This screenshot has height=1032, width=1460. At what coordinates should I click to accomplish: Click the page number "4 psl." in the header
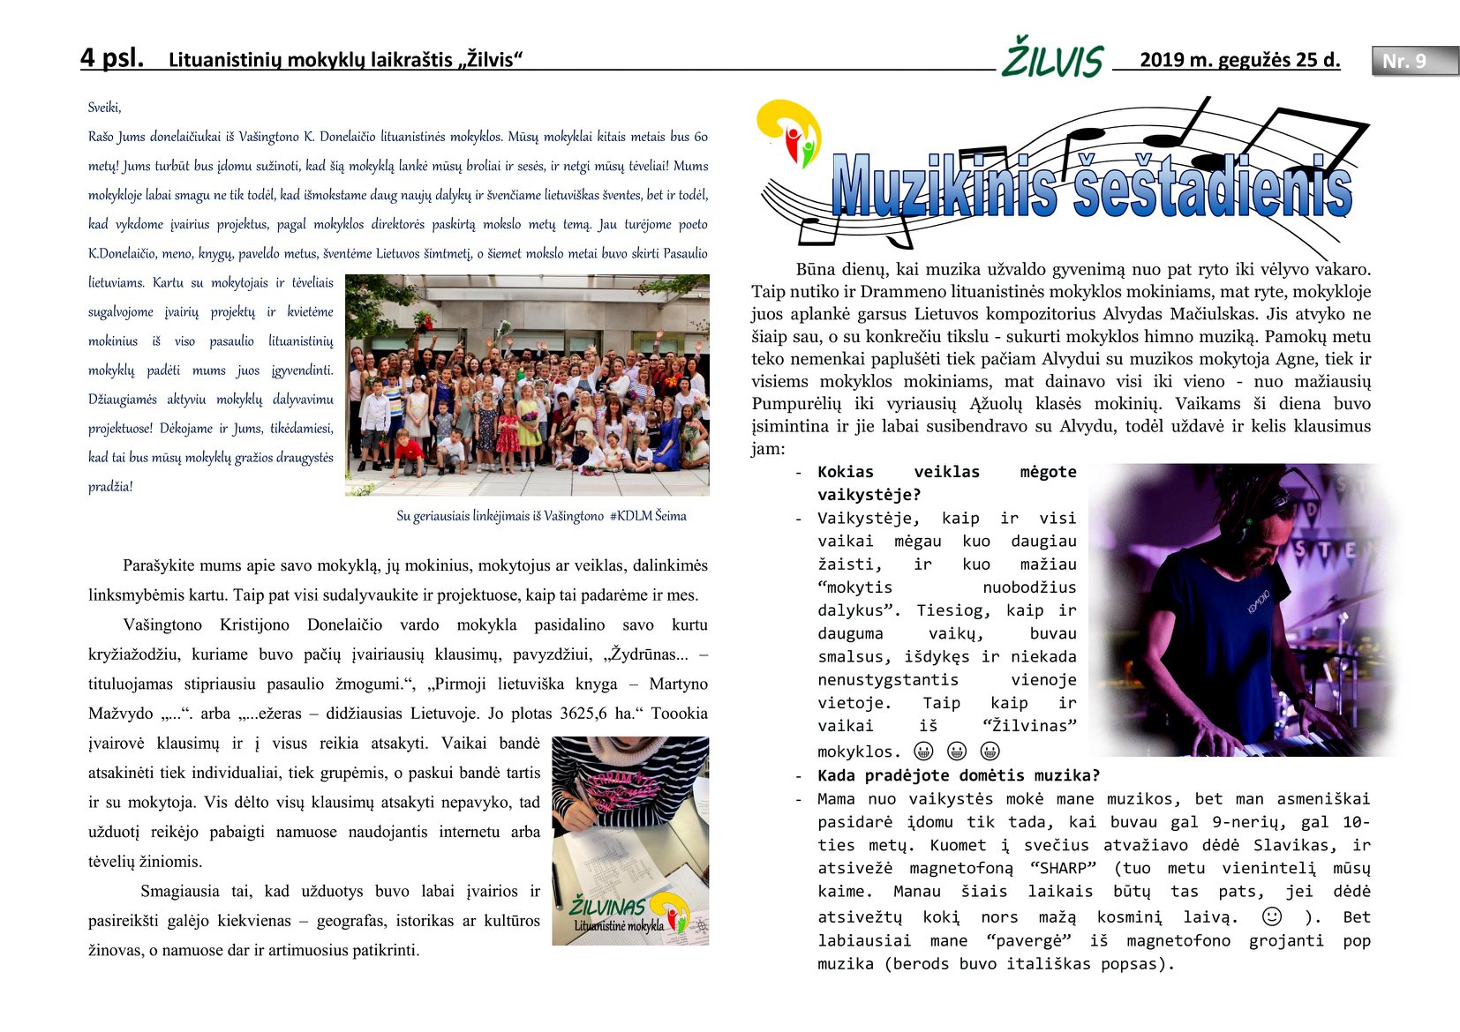tap(112, 58)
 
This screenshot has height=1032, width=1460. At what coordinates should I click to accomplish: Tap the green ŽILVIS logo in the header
tap(1052, 59)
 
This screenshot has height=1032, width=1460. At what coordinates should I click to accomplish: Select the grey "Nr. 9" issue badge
tap(1413, 61)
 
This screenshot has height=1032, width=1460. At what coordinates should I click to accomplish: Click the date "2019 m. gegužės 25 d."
tap(1239, 60)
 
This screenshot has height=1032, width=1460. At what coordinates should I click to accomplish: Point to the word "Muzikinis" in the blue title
tap(943, 186)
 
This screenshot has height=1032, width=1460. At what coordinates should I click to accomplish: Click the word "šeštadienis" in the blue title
tap(1213, 186)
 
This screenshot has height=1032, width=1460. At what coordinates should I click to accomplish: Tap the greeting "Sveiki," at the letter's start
tap(104, 108)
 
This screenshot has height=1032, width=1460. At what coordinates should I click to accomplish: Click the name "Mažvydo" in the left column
tap(121, 714)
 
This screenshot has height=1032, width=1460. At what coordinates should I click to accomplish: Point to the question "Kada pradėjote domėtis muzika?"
tap(959, 776)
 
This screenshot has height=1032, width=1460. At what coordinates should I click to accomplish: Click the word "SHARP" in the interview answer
tap(1063, 869)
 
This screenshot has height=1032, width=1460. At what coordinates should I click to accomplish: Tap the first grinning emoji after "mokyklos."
tap(923, 751)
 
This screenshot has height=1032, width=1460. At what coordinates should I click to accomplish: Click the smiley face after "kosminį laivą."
tap(1272, 916)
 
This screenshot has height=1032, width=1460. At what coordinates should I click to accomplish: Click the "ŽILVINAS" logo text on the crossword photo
tap(607, 906)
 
